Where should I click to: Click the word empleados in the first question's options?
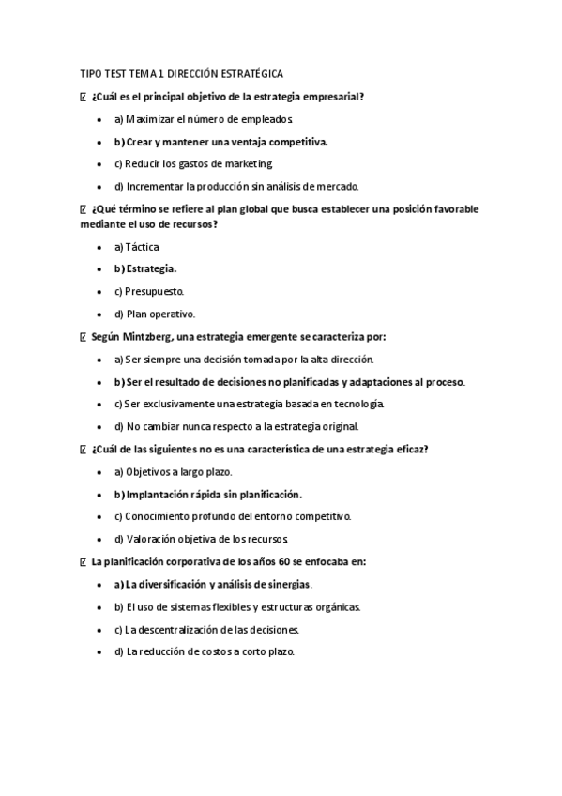click(x=270, y=120)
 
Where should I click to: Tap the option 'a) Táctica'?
click(x=136, y=247)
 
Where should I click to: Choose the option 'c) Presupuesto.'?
click(x=148, y=291)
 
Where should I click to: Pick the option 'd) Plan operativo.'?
click(x=154, y=314)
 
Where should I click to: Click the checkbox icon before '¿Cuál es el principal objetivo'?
click(x=84, y=97)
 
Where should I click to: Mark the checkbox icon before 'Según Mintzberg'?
click(x=84, y=336)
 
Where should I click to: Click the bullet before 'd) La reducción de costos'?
click(x=100, y=651)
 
